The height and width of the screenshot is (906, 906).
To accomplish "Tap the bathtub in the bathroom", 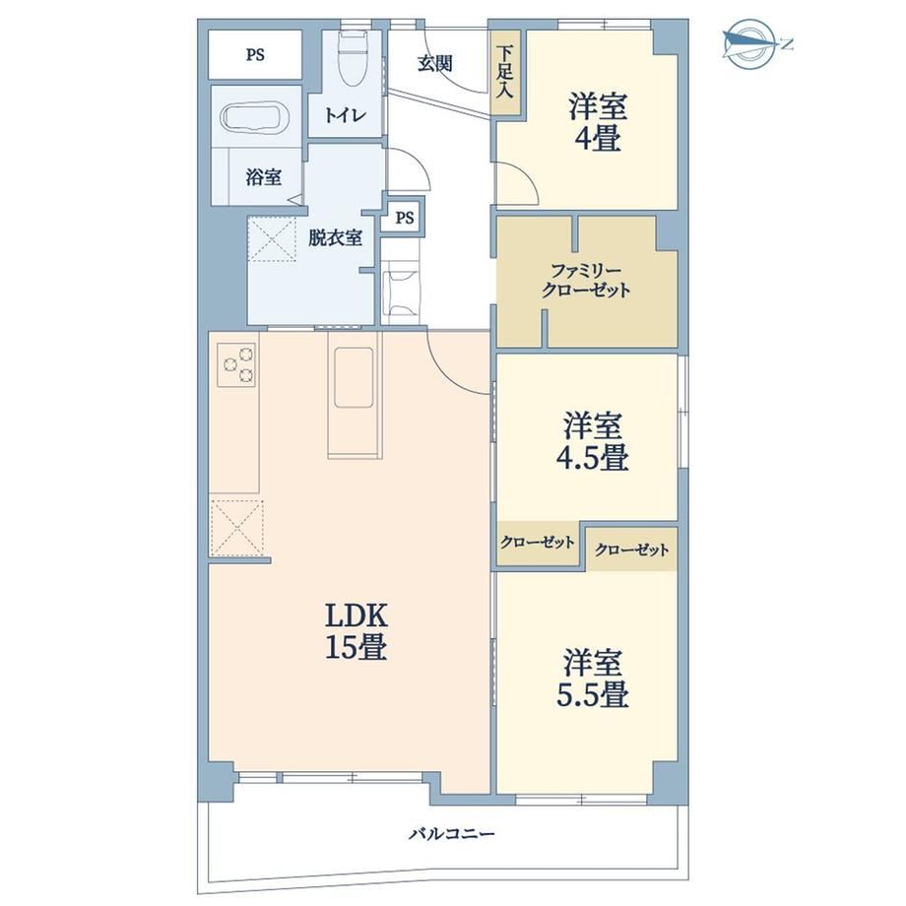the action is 256,119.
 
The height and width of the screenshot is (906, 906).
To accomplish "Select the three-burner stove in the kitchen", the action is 238,364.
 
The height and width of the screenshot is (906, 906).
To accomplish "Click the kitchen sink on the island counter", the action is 354,377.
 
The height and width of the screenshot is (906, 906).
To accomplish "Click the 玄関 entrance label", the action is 434,63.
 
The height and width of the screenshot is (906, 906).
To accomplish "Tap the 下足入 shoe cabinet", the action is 506,71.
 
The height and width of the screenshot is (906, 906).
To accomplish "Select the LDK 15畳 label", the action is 356,631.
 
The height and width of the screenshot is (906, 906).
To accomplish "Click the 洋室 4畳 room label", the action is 598,122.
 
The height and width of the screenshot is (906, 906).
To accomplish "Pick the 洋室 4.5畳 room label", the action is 592,441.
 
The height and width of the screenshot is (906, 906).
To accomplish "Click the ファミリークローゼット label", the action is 585,280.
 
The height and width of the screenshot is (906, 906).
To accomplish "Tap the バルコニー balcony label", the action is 452,834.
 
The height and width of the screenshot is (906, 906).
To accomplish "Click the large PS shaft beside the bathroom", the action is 255,54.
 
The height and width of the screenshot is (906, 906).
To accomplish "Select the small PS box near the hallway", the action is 405,218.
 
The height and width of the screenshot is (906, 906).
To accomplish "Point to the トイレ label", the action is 345,115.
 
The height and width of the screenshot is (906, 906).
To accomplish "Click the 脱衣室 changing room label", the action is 335,237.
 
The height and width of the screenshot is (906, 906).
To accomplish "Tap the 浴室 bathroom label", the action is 264,177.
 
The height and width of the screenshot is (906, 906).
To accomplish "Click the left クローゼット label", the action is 538,542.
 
